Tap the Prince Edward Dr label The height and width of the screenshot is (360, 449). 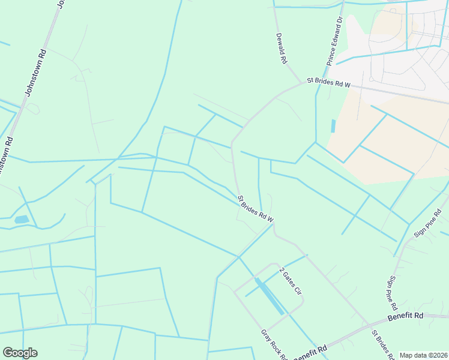(334, 41)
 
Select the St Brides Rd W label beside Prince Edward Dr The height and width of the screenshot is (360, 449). (328, 82)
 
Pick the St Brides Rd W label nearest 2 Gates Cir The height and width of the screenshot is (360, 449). (256, 209)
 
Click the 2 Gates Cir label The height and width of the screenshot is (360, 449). (289, 281)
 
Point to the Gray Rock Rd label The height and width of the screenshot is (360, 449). (274, 345)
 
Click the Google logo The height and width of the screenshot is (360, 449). (20, 353)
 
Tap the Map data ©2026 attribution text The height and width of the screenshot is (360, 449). (423, 355)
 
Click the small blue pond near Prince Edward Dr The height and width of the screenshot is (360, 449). (333, 126)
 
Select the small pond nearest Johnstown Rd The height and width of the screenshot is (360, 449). (21, 220)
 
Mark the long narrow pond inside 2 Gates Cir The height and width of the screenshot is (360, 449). (270, 296)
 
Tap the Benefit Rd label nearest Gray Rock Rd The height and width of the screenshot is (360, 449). (311, 352)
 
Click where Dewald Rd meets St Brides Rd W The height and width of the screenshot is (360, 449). (302, 83)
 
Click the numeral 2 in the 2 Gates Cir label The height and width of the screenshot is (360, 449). (281, 271)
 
